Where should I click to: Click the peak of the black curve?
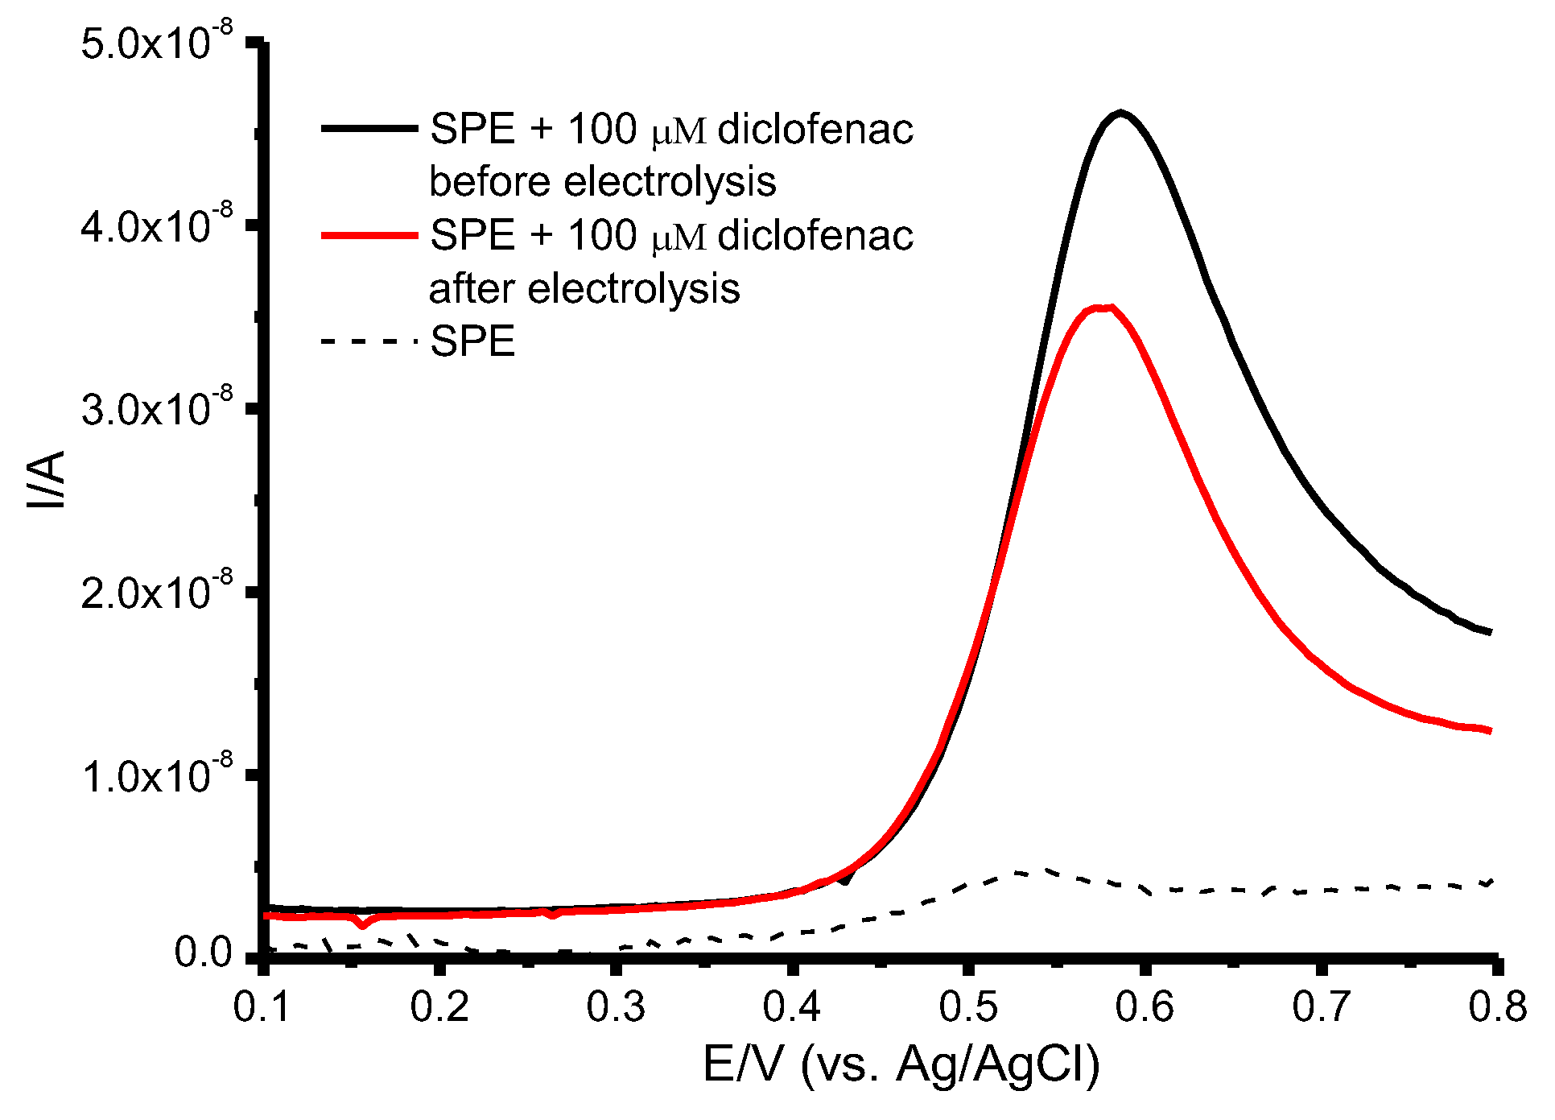point(1120,114)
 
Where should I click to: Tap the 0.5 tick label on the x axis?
point(968,1007)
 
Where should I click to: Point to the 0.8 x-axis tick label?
point(1497,1007)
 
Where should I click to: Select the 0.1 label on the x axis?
point(262,1007)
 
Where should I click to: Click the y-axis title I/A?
point(47,480)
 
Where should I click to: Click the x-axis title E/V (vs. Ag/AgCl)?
point(901,1064)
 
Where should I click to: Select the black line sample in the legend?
point(369,128)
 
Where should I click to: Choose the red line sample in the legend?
point(369,235)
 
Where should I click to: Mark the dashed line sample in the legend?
point(369,341)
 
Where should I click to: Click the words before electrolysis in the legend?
point(602,181)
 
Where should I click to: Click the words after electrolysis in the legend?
point(584,288)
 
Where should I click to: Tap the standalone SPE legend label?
point(472,341)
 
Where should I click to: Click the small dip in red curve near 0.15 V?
point(363,925)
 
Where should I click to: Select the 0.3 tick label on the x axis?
point(616,1007)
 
